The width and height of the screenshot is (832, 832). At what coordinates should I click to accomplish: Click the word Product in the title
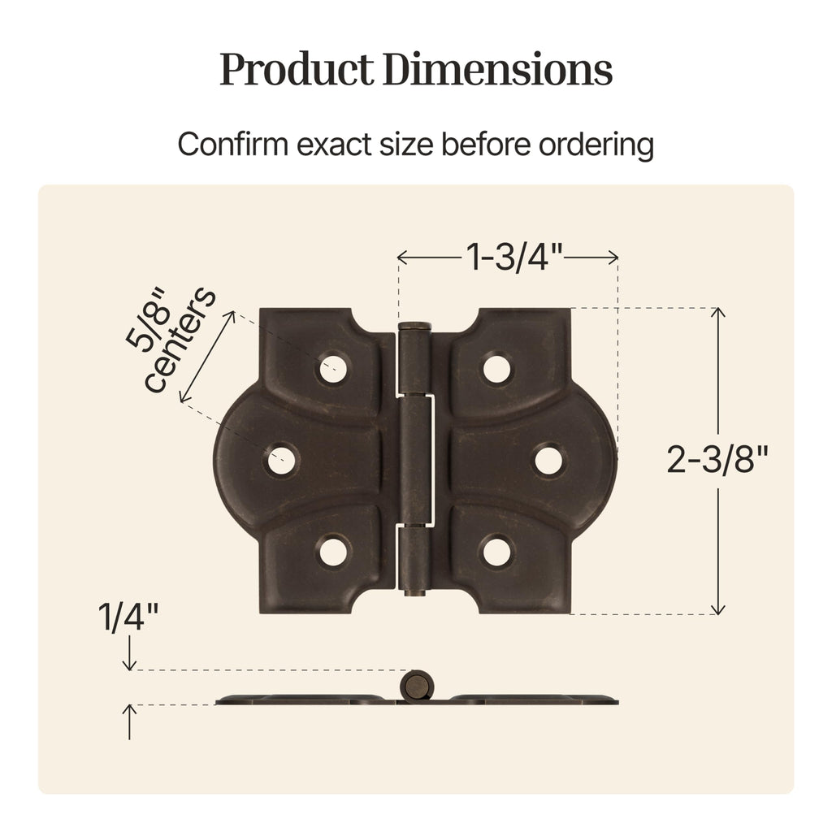[x=297, y=70]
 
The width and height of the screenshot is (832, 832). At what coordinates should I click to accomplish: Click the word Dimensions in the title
[x=498, y=69]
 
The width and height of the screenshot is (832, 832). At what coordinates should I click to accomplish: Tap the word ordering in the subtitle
[x=596, y=145]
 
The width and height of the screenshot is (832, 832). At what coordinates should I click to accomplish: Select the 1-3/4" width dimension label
[x=513, y=257]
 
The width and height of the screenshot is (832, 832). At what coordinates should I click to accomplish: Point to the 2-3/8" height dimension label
[x=717, y=459]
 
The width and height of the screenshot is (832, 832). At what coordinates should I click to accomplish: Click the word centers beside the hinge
[x=180, y=340]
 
